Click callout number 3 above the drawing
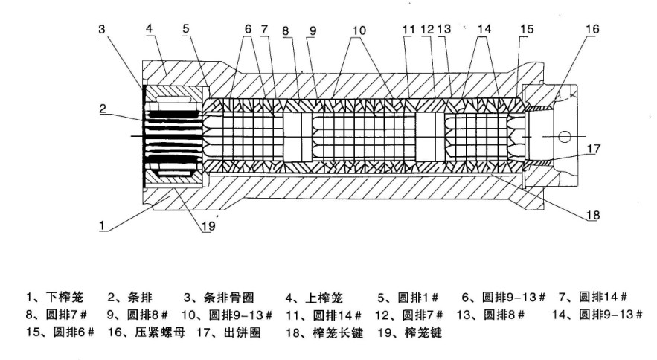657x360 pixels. tap(102, 29)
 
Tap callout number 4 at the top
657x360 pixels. tap(149, 29)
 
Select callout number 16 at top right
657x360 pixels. tap(592, 29)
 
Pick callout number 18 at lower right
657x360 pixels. tap(592, 216)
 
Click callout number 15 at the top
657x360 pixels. tap(527, 29)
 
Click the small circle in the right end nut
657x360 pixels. tap(565, 137)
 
